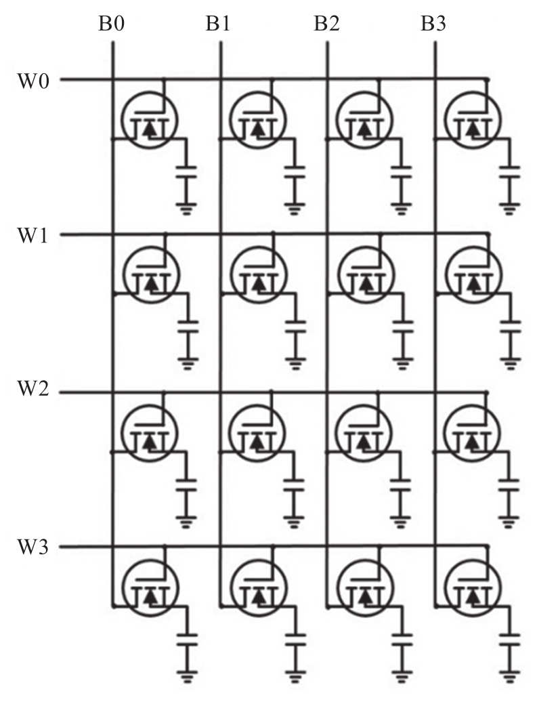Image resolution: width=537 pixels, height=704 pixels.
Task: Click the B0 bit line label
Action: point(111,23)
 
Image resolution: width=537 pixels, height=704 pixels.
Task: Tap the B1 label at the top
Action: point(218,23)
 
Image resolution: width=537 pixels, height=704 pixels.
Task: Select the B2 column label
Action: point(326,23)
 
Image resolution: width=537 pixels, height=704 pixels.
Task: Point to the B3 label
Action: point(433,23)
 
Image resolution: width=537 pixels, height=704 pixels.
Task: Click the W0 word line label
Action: point(33,81)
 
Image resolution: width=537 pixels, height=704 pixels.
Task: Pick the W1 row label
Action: point(33,235)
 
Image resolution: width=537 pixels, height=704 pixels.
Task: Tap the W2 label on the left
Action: point(33,389)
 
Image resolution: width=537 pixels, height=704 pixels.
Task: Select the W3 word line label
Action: point(33,546)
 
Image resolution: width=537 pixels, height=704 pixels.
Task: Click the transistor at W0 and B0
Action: point(150,120)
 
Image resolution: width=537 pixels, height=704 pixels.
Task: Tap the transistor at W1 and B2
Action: point(366,274)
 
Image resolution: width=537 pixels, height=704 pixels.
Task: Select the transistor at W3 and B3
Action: point(473,587)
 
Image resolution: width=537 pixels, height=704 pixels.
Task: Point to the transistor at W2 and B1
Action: point(257,433)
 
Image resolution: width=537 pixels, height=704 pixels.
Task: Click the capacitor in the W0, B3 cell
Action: point(509,172)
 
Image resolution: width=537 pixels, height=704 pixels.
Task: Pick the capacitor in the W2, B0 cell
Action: point(186,485)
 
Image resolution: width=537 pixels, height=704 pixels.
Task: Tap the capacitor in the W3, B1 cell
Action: point(295,640)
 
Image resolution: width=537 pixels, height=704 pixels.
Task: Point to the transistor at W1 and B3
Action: point(473,274)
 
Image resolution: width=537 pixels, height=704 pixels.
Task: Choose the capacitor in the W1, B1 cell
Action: point(295,327)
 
